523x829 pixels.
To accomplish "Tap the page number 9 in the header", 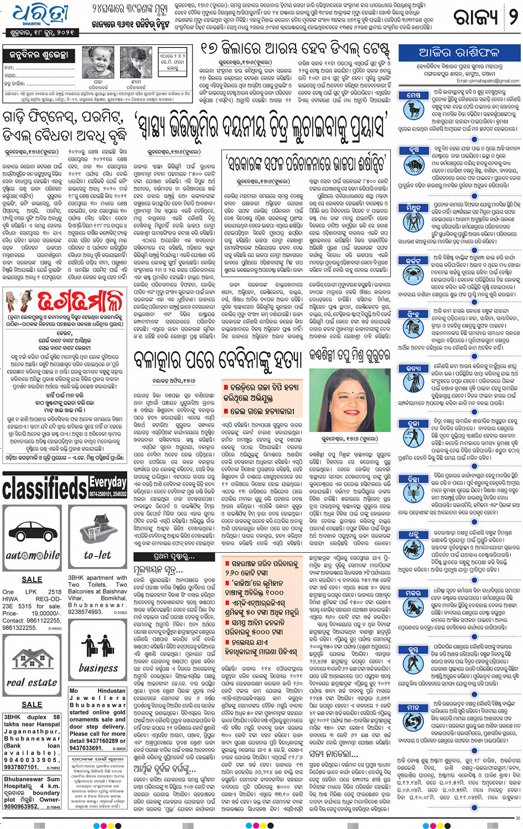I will (x=512, y=17).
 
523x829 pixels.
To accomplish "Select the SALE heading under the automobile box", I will (x=32, y=579).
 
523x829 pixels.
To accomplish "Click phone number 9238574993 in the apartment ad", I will (x=85, y=612).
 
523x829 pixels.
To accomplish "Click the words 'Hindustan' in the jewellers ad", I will (x=111, y=691).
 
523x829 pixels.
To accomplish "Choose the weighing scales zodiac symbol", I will (x=413, y=436).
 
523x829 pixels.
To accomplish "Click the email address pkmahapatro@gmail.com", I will (x=488, y=81).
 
